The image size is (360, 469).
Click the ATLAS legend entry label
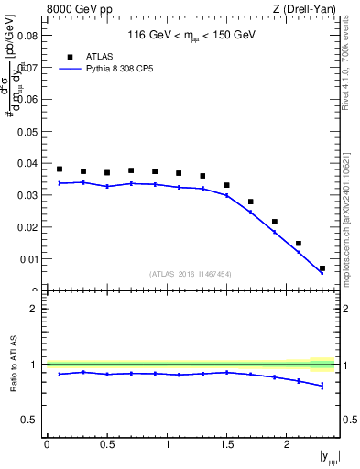tap(100, 56)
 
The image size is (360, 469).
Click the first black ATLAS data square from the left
tap(60, 169)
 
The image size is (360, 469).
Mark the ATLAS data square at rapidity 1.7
tap(251, 202)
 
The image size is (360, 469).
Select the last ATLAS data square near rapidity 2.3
tap(322, 268)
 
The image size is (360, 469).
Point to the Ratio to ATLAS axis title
tap(12, 365)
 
